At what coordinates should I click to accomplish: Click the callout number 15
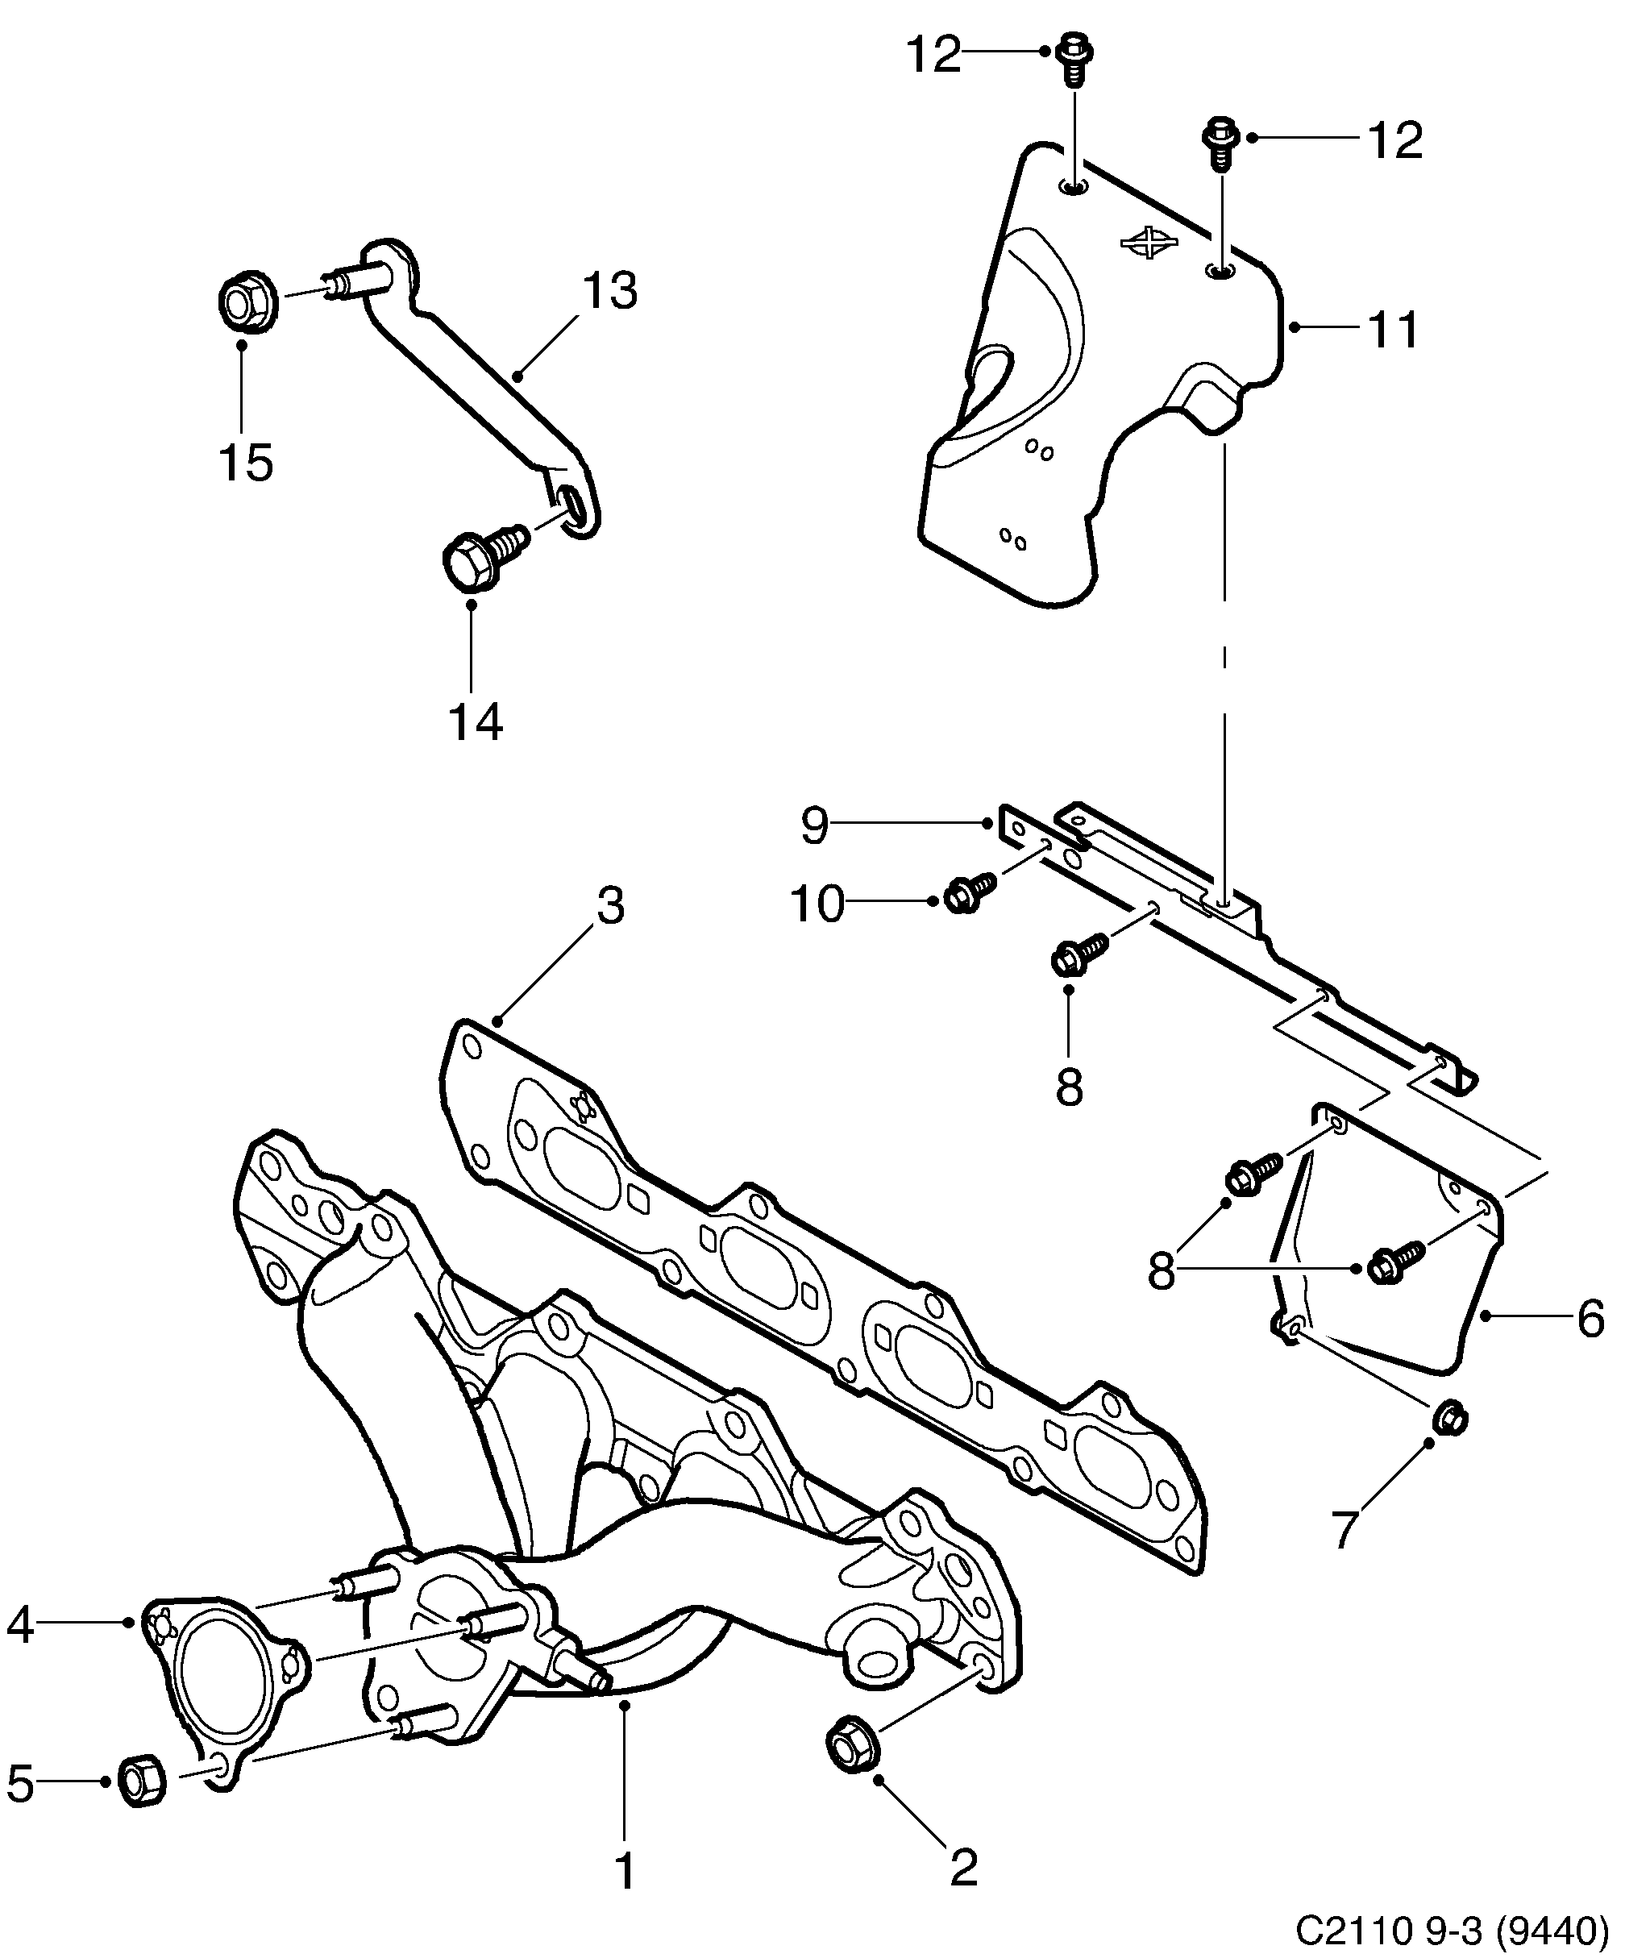point(246,463)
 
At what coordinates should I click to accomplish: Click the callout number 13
point(611,291)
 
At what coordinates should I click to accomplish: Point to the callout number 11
point(1394,329)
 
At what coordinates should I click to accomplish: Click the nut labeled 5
point(143,1781)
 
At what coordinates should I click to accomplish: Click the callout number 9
point(814,825)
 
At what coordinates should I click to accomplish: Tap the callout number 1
point(625,1871)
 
